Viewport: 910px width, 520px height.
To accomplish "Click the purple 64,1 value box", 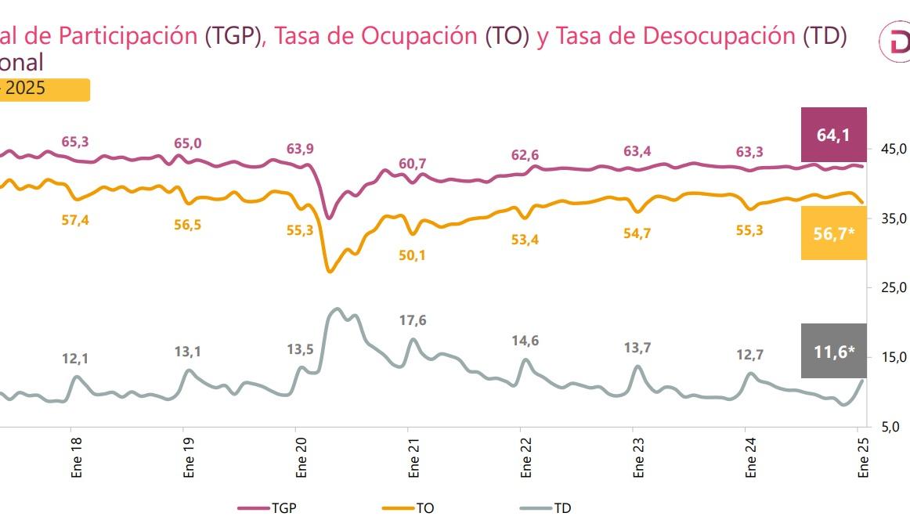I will click(833, 135).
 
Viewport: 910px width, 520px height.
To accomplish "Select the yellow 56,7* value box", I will click(833, 233).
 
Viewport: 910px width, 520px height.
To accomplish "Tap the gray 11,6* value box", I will click(833, 351).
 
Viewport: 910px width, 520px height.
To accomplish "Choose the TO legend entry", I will click(413, 507).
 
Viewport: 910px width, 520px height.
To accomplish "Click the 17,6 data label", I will click(412, 320).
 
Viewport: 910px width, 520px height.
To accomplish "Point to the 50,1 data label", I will click(412, 255).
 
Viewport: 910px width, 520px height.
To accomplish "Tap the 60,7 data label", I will click(412, 164).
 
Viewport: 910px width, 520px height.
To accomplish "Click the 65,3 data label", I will click(75, 142).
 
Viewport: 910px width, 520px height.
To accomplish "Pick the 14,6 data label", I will click(525, 341).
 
